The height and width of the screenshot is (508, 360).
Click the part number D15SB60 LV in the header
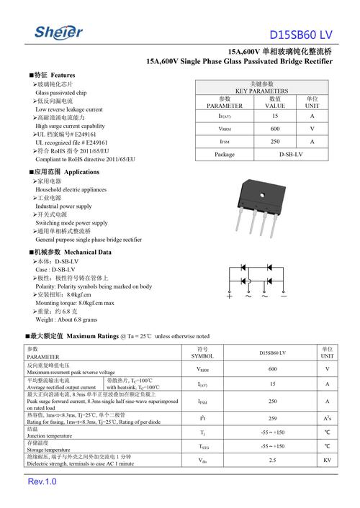301,35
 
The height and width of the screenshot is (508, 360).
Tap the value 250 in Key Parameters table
274,142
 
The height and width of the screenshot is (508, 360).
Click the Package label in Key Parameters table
225,155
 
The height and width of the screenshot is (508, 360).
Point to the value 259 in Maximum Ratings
272,418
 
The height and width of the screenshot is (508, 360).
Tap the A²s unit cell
327,418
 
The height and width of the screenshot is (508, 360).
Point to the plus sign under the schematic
230,296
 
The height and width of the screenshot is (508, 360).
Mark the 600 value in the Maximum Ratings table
272,369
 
